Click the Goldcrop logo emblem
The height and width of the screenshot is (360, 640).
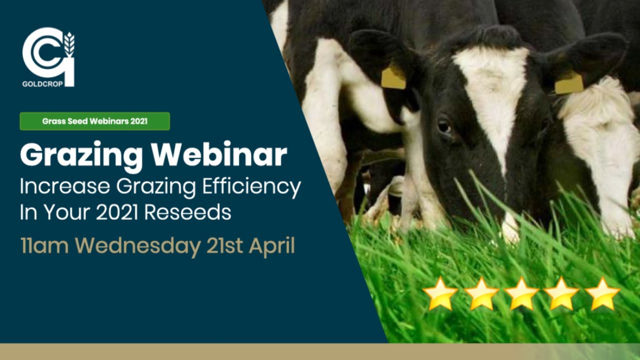click(x=48, y=52)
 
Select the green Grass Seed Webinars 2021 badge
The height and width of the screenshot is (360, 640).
click(x=94, y=121)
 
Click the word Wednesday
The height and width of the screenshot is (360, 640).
click(x=138, y=247)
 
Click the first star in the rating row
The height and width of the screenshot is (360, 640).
click(x=440, y=294)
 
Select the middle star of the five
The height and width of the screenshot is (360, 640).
click(x=521, y=294)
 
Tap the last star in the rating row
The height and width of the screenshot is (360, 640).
click(x=602, y=294)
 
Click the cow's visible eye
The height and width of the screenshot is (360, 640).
click(x=443, y=125)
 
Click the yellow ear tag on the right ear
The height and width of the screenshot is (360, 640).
click(x=569, y=83)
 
